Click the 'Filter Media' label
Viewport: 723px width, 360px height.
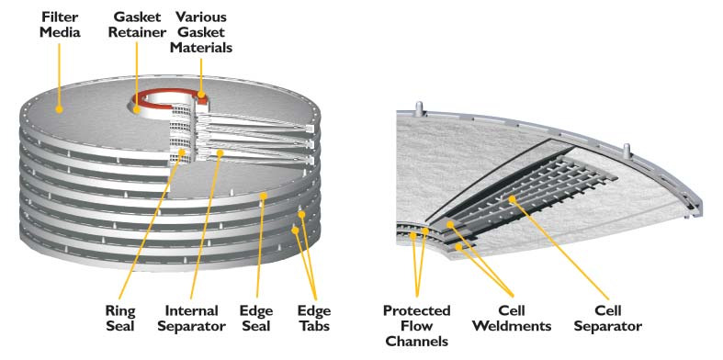[60, 25]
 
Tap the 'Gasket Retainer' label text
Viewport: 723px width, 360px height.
[137, 25]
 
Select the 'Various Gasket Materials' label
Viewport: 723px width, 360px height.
[201, 32]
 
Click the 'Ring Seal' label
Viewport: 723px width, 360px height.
[120, 318]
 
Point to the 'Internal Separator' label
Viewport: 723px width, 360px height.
[191, 318]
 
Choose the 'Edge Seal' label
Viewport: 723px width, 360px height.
[256, 318]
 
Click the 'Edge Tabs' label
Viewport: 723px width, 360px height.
[314, 318]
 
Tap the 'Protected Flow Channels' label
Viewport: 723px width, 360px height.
[416, 325]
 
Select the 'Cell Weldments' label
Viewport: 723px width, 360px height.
[512, 318]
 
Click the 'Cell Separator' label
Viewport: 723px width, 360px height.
[608, 318]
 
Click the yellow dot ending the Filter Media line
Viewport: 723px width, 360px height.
[59, 109]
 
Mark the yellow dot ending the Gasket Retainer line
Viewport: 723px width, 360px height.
[137, 109]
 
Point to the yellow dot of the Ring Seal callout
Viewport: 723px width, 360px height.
[182, 152]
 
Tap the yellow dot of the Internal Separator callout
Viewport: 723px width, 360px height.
[220, 152]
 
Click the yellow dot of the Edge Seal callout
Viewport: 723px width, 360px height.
[264, 196]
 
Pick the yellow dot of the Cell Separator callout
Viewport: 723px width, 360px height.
[512, 198]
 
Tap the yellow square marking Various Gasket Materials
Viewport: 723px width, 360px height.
[201, 95]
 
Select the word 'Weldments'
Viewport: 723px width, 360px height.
[512, 326]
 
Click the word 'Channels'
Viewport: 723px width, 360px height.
[416, 341]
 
